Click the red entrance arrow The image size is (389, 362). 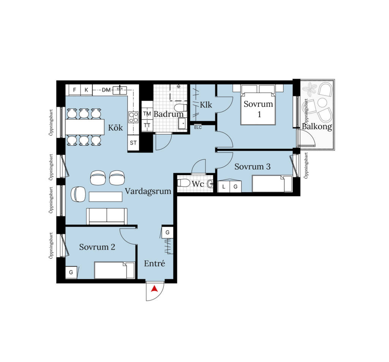(x=155, y=289)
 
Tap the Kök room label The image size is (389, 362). (x=115, y=128)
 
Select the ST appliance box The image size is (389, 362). (x=133, y=143)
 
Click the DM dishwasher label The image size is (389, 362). (x=106, y=90)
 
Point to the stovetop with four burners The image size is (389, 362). (x=133, y=117)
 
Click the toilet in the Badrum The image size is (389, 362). (x=180, y=108)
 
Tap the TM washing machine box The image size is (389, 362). (x=147, y=114)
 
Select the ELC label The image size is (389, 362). (x=198, y=128)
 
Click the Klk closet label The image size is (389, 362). (x=206, y=105)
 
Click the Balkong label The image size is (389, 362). (x=317, y=126)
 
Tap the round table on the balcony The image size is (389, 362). (x=323, y=103)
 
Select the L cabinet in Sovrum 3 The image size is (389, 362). (x=224, y=187)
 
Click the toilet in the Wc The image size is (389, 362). (x=183, y=183)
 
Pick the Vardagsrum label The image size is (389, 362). (x=148, y=191)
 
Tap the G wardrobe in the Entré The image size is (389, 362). (x=168, y=232)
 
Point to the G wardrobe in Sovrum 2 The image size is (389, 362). (x=71, y=272)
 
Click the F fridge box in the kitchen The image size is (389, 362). (x=74, y=90)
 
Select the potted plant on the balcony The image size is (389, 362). (x=310, y=89)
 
